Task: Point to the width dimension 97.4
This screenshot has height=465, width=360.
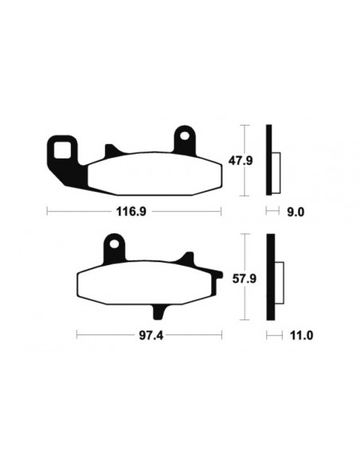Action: tap(150, 335)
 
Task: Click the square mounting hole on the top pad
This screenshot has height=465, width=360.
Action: tap(61, 147)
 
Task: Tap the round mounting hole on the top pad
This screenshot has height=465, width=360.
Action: tap(186, 137)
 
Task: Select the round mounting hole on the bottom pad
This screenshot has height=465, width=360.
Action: tap(113, 243)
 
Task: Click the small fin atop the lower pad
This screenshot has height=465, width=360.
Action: tap(188, 259)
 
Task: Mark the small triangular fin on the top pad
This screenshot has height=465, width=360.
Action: tap(111, 150)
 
